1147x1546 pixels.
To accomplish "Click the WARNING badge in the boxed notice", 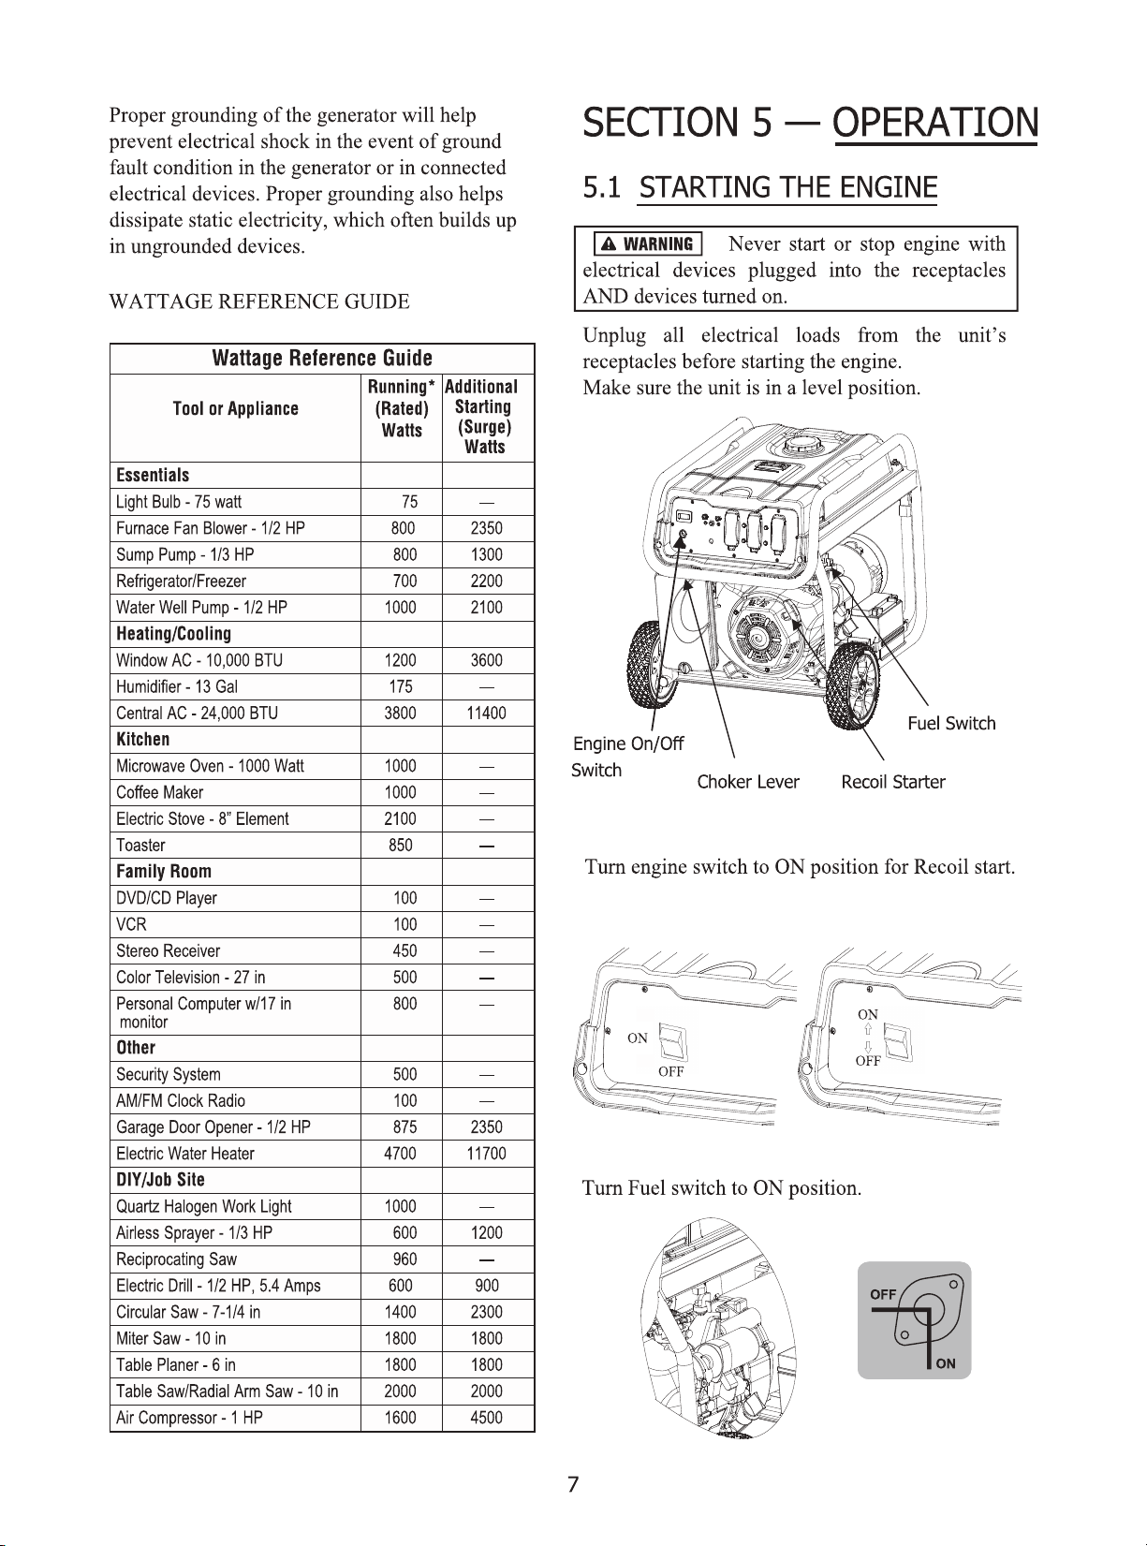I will [648, 244].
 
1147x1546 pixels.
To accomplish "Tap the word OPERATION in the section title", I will [934, 124].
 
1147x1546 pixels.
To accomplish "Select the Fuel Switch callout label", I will [951, 724].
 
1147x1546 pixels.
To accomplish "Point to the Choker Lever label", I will [748, 782].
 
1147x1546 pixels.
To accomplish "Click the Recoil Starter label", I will [892, 782].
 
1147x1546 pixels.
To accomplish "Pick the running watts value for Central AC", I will [400, 714].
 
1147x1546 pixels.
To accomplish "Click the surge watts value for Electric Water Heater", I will [486, 1154].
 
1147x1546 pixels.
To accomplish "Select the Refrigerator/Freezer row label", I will [181, 582].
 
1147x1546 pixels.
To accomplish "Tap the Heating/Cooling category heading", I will [173, 634].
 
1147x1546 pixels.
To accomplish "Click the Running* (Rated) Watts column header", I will [401, 408].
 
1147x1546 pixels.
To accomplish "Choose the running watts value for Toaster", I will [400, 846].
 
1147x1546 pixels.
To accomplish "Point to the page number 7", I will [573, 1484].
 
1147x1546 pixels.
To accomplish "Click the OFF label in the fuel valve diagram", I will [883, 1295].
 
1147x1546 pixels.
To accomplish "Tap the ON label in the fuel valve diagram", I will [946, 1363].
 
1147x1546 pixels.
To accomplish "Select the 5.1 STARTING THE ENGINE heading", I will [759, 188].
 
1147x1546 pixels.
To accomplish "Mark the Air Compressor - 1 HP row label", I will [189, 1418].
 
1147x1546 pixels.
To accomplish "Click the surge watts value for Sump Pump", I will [486, 555].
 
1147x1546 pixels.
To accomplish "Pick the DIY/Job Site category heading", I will [160, 1180].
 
